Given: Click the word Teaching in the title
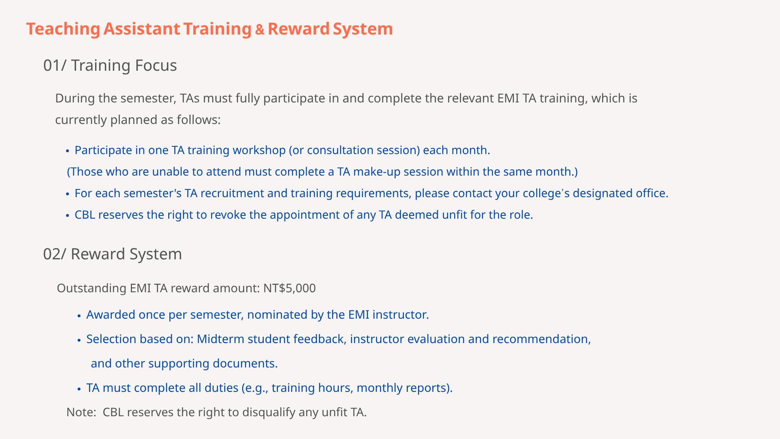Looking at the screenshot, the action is point(63,29).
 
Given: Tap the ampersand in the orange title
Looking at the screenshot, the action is point(260,30).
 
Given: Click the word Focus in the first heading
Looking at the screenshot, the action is point(156,65).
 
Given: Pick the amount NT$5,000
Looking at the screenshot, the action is point(289,288).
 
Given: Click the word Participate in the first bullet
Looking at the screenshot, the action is point(103,150).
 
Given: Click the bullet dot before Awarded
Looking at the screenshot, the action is point(79,316).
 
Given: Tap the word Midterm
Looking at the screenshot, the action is point(221,339).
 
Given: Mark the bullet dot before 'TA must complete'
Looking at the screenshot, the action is point(79,389).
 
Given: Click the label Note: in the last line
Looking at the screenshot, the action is point(81,412).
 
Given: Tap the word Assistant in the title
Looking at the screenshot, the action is point(141,29).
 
